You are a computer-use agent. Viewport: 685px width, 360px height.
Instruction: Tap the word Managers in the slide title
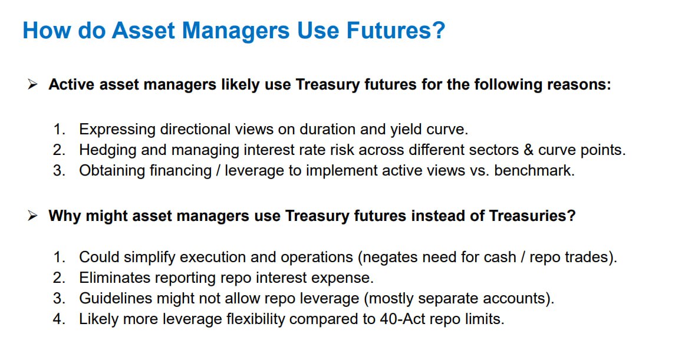[x=235, y=31]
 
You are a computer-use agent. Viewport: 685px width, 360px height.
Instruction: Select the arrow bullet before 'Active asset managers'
[x=32, y=84]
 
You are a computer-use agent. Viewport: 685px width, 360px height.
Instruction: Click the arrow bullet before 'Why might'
[x=32, y=216]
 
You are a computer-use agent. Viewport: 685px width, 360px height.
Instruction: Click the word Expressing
[x=117, y=130]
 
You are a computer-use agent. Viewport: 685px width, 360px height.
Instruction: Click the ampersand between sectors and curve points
[x=528, y=150]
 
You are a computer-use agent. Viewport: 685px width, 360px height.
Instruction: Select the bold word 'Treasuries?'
[x=532, y=216]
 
